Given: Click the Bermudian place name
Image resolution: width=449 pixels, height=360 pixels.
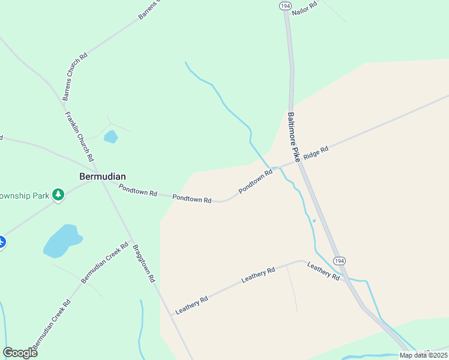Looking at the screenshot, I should (x=103, y=176).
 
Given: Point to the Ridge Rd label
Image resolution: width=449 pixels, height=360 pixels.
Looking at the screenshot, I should (x=316, y=153).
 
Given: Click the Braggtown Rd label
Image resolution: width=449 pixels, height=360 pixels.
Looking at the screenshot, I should (x=144, y=263).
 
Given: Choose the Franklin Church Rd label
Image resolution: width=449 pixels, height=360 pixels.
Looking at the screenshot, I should (x=79, y=137).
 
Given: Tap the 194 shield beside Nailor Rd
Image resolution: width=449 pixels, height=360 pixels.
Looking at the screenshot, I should (x=285, y=5).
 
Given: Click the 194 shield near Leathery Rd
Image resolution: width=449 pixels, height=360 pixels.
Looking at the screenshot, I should (x=340, y=261).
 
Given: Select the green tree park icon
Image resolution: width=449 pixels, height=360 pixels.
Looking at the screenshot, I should (x=58, y=194).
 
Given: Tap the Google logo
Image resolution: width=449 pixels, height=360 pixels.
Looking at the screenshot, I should (x=20, y=352).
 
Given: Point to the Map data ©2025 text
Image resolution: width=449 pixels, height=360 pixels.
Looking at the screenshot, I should (x=423, y=355).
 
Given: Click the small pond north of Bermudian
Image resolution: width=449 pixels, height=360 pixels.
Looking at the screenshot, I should (x=110, y=137).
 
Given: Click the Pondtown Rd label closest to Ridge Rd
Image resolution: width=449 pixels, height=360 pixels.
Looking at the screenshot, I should (x=256, y=181).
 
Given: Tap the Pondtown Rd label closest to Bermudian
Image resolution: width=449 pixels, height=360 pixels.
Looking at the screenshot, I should (x=137, y=190).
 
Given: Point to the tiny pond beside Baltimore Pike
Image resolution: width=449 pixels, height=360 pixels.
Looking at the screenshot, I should (x=314, y=220).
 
